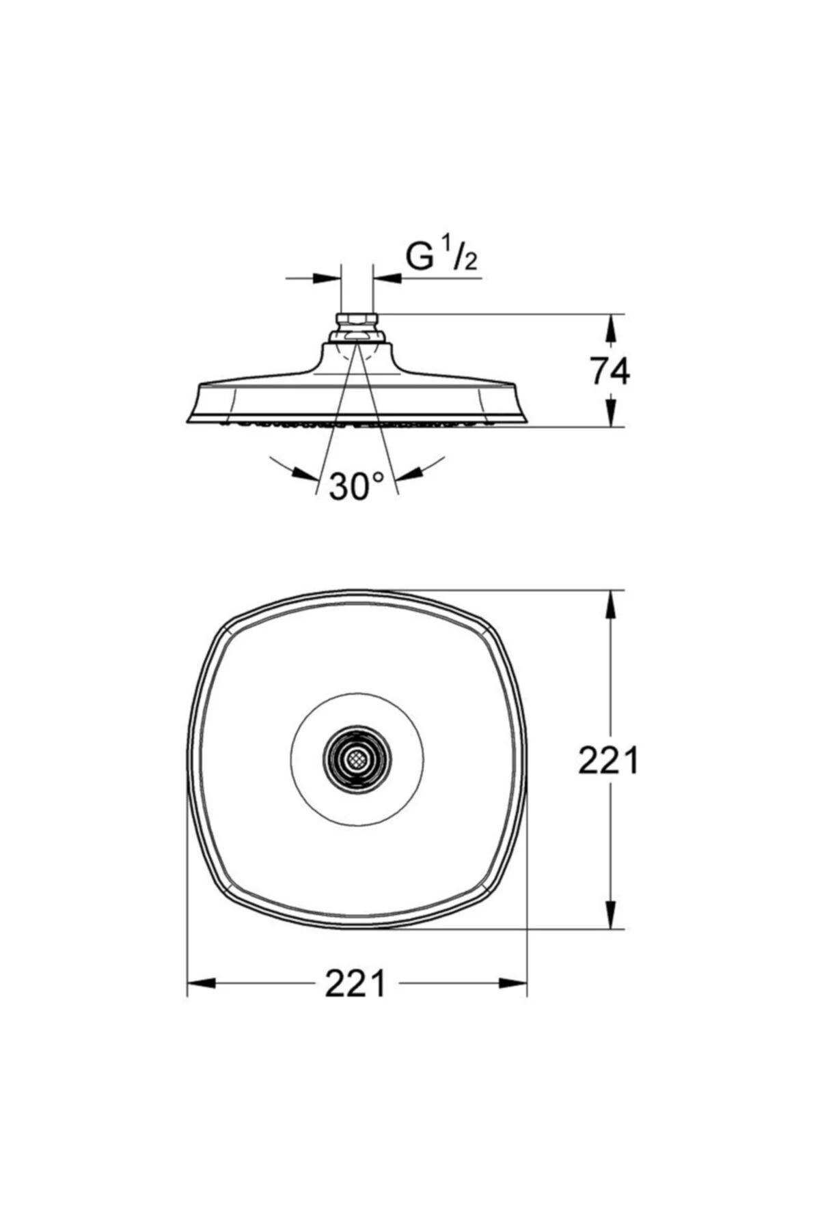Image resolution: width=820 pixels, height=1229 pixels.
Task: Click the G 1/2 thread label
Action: coord(441,257)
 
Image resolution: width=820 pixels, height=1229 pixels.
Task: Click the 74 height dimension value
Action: coord(610,371)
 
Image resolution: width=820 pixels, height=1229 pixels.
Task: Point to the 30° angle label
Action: coord(357,486)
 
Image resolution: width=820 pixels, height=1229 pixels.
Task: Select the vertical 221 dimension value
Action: coord(608,760)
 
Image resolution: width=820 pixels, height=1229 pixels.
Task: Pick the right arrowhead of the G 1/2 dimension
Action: coord(387,278)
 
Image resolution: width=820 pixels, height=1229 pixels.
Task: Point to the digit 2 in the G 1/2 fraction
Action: coord(470,262)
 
